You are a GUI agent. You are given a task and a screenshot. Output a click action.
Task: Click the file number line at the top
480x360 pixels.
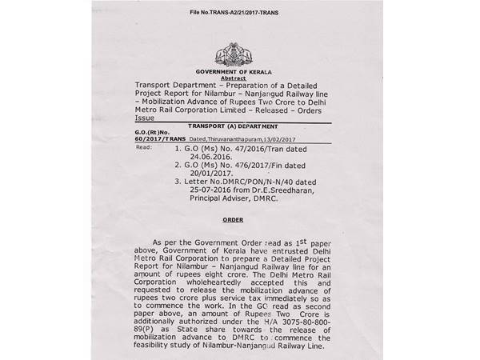[x=238, y=13]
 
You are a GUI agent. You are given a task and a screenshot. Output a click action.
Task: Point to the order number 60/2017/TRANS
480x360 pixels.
[x=165, y=140]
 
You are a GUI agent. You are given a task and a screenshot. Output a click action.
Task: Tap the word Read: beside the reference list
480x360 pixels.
[x=144, y=147]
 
